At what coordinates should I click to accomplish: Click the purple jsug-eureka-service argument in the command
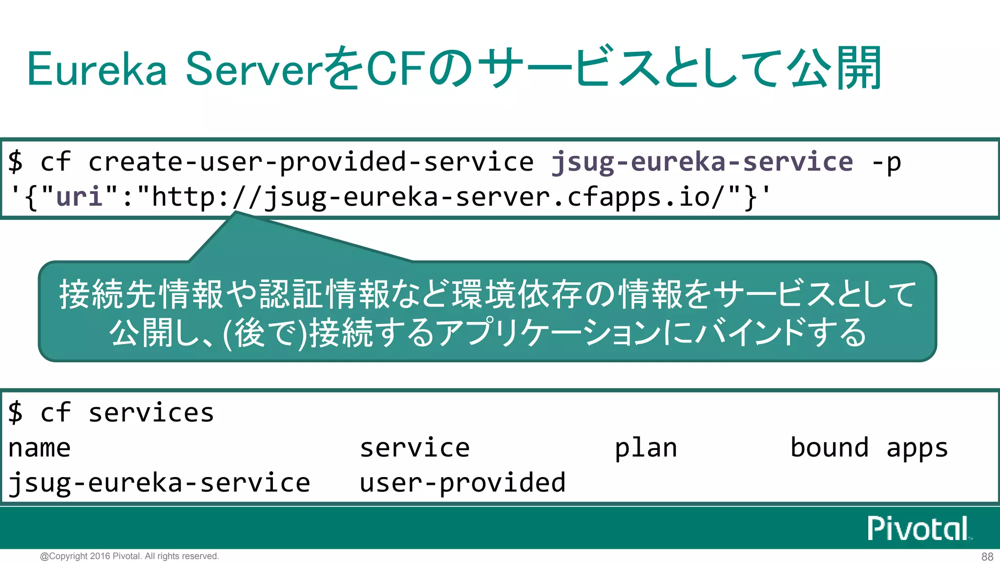point(702,162)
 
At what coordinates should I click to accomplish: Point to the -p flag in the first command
point(887,162)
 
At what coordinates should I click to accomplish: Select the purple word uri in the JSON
point(79,197)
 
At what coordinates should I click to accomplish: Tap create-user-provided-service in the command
point(311,162)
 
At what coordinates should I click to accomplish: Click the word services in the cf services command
point(151,413)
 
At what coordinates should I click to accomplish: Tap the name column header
point(40,448)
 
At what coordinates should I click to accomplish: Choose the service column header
point(415,448)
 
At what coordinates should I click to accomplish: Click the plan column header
point(646,448)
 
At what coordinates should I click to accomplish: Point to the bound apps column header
point(869,448)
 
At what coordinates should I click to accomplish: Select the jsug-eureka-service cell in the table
point(159,483)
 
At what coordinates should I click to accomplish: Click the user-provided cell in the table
point(462,483)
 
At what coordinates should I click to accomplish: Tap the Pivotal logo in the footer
point(918,528)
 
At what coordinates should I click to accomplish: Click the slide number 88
point(987,557)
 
